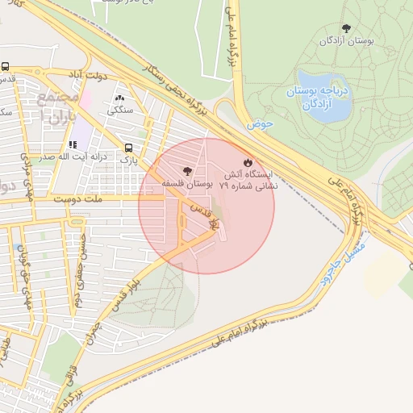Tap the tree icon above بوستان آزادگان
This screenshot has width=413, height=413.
(347, 28)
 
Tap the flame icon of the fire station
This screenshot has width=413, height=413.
(248, 161)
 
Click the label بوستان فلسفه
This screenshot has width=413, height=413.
(187, 184)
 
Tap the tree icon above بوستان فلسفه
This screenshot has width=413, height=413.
(188, 171)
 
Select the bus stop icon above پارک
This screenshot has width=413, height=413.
(129, 148)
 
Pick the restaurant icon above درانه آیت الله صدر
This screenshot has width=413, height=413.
(72, 145)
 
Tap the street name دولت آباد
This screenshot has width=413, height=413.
(86, 73)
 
